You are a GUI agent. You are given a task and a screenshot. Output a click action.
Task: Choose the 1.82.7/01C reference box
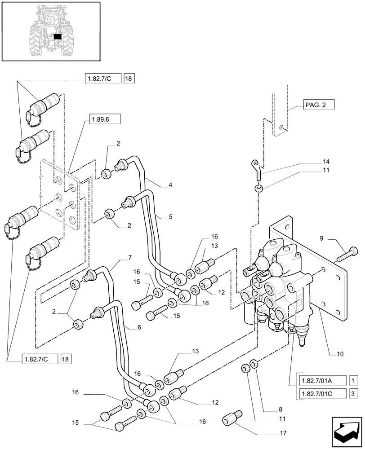click(x=321, y=394)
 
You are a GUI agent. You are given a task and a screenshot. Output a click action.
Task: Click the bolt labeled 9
click(x=346, y=254)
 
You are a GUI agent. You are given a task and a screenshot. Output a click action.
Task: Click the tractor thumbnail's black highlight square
click(x=57, y=37)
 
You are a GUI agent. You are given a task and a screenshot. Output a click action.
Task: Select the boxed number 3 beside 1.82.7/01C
click(x=353, y=394)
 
